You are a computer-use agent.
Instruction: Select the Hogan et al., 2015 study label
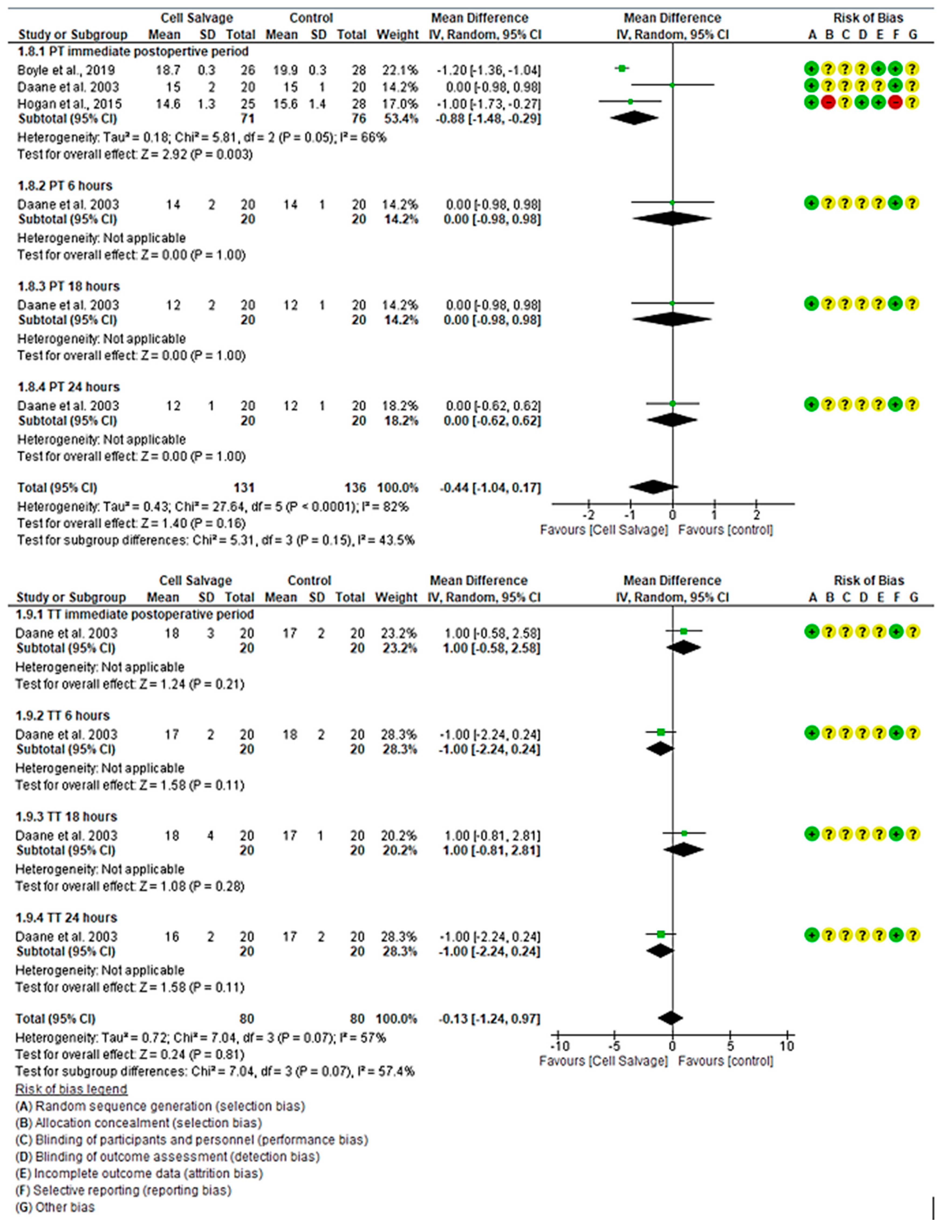[69, 104]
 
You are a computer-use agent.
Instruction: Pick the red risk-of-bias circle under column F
[896, 103]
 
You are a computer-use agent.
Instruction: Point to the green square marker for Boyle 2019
[622, 68]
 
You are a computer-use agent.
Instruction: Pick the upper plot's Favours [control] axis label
[725, 530]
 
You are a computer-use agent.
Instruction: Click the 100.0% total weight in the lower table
[397, 1019]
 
